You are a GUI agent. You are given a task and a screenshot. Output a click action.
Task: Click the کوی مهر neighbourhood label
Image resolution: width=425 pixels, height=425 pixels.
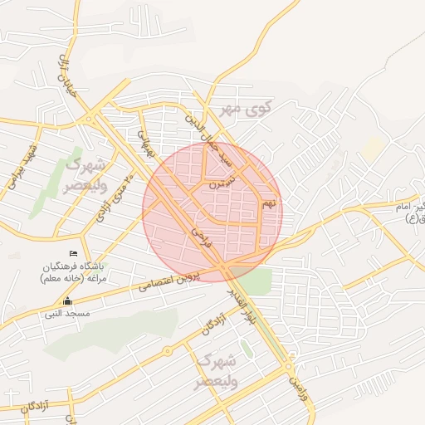tap(242, 109)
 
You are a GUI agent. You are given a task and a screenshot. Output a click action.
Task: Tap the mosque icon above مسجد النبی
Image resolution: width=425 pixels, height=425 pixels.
tap(68, 301)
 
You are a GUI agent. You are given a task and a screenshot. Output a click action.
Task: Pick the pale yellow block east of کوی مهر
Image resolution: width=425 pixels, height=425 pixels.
tap(373, 149)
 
